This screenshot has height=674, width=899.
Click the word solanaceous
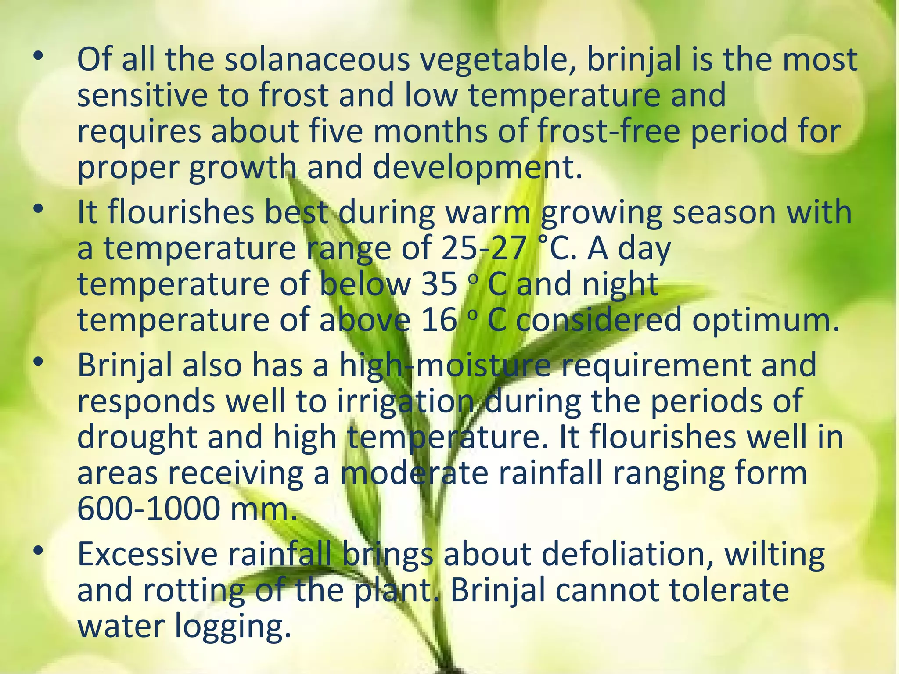pyautogui.click(x=317, y=60)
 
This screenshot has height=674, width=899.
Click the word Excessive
pyautogui.click(x=147, y=554)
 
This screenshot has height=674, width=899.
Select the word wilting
pyautogui.click(x=774, y=555)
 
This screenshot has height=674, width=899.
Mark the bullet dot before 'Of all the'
pyautogui.click(x=38, y=56)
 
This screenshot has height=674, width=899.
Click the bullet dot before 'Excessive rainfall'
pyautogui.click(x=38, y=550)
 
